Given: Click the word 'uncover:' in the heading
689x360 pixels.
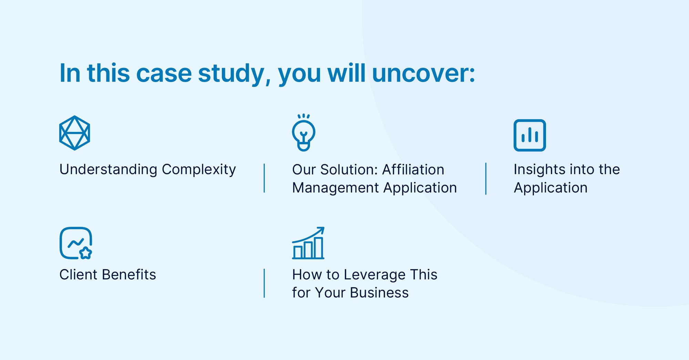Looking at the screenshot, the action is tap(423, 73).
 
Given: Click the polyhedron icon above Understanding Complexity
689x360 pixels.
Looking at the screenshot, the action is tap(74, 133).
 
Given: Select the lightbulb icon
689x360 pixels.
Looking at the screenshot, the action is tap(304, 133).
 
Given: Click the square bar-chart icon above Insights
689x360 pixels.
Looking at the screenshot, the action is tap(529, 135).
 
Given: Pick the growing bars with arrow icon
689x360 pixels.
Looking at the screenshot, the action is tap(308, 243).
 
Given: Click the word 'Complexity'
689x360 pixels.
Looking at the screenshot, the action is tap(199, 170).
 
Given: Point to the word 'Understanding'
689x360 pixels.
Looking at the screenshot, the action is tap(108, 170).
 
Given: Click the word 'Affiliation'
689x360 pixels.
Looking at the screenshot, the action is tap(413, 169).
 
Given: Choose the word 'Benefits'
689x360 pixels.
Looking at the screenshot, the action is tap(129, 275).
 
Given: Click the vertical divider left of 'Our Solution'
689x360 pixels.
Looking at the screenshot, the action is tap(264, 178).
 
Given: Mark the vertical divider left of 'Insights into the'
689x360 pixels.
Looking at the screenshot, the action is tap(486, 179).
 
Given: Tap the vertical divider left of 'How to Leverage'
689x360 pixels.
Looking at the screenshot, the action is tap(264, 283).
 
